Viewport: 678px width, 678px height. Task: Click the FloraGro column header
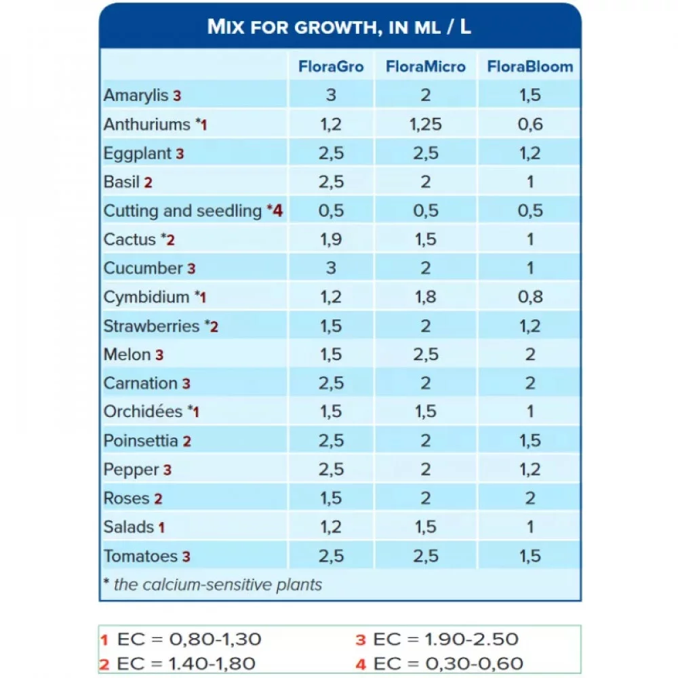click(331, 66)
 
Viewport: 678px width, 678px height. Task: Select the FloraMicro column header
click(425, 66)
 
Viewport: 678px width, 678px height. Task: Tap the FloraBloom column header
click(530, 66)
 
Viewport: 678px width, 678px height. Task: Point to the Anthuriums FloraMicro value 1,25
click(425, 124)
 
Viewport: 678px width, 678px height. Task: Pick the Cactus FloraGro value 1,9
click(331, 239)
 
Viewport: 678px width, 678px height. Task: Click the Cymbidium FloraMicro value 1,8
click(425, 297)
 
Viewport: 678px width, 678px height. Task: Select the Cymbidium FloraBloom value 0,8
click(530, 297)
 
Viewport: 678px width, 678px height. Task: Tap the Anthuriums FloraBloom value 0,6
click(530, 124)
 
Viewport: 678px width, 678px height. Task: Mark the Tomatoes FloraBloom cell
click(530, 556)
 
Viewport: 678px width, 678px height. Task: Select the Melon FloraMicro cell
click(425, 355)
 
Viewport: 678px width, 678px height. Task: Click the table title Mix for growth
click(340, 27)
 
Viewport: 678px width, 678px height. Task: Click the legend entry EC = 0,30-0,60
click(440, 664)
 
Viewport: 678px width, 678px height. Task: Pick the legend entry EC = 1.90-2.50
click(437, 639)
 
